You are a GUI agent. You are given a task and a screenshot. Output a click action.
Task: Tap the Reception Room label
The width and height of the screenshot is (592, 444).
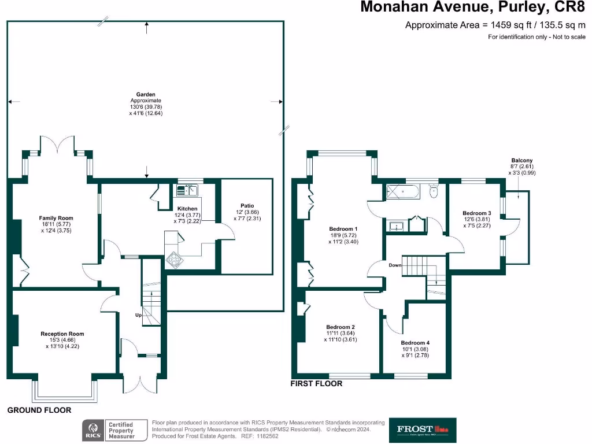(x=62, y=334)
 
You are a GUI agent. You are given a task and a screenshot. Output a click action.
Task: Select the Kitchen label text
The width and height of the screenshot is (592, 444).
(x=187, y=209)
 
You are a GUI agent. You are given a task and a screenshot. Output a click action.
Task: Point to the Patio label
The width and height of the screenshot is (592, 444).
(x=247, y=205)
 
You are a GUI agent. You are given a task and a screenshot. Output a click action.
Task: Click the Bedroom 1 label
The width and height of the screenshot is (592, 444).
(x=343, y=229)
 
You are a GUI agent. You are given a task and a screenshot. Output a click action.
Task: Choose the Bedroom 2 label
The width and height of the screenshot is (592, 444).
(x=341, y=327)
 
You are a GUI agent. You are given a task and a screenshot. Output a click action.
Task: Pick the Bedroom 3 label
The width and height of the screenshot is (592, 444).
(x=477, y=213)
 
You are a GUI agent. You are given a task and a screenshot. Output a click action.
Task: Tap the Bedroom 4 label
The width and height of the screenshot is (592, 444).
(x=415, y=342)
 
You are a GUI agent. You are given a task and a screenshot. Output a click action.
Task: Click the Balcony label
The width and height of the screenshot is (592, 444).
(x=521, y=160)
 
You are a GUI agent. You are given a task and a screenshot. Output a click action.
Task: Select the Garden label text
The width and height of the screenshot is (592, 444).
(x=146, y=94)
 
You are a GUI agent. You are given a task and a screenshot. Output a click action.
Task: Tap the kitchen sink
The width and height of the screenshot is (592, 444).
(x=187, y=189)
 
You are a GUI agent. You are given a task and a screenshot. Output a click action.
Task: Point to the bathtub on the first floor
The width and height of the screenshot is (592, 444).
(x=405, y=191)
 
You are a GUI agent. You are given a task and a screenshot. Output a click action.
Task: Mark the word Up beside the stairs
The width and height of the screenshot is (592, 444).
(x=139, y=315)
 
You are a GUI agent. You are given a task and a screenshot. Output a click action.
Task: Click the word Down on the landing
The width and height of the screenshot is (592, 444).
(x=395, y=265)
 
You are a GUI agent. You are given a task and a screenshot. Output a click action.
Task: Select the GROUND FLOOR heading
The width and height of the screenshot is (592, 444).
(x=39, y=410)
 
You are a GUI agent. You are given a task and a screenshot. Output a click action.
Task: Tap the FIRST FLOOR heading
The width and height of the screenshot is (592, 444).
(x=316, y=383)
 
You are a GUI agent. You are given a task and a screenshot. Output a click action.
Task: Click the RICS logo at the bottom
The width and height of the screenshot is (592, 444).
(x=93, y=430)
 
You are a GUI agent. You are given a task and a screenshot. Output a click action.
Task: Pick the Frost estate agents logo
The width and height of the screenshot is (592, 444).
(x=423, y=430)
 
